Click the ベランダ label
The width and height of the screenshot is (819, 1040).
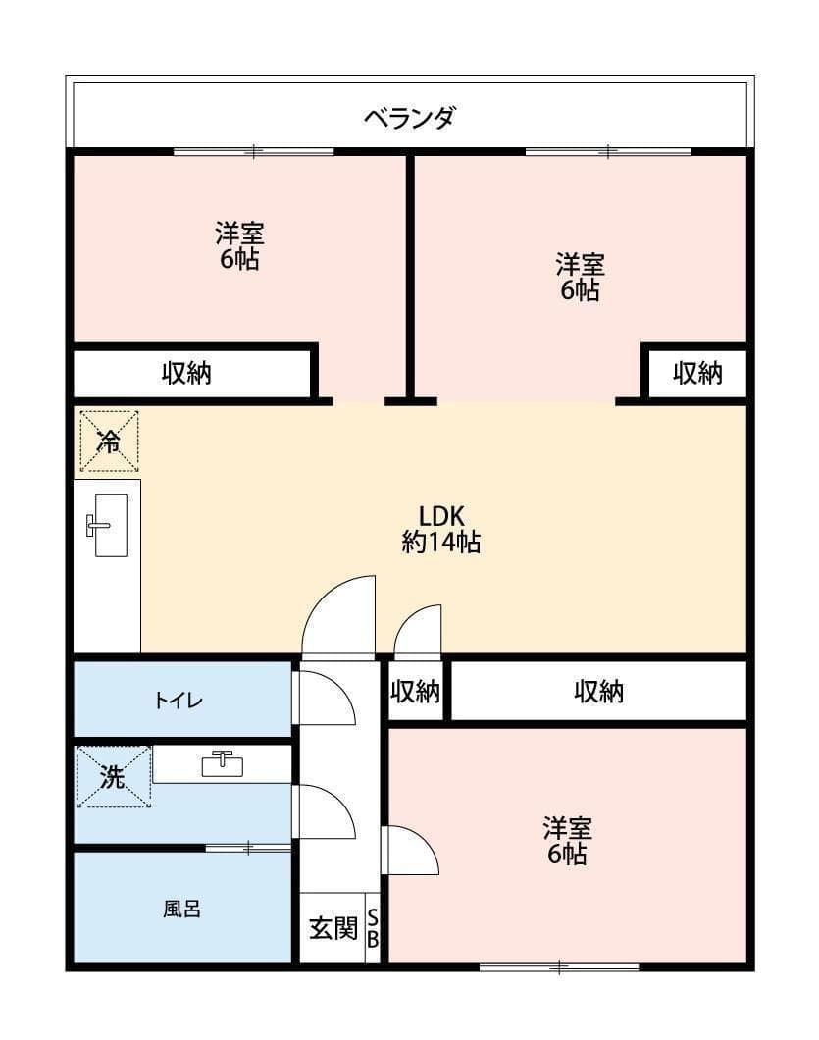(x=409, y=119)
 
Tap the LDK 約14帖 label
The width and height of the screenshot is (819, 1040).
(x=440, y=529)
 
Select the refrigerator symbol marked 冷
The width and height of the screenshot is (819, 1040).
(x=109, y=442)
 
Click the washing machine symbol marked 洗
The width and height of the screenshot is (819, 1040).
(x=114, y=777)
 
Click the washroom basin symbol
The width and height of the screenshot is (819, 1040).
(x=223, y=762)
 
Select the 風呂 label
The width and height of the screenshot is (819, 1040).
(x=181, y=909)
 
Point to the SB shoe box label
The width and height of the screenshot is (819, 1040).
(x=373, y=928)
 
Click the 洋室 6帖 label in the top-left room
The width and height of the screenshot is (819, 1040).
(x=239, y=246)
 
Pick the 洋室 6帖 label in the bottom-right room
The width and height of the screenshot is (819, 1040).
(x=568, y=841)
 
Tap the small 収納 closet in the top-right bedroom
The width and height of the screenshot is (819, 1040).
(x=697, y=373)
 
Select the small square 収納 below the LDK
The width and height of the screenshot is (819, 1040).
(x=416, y=692)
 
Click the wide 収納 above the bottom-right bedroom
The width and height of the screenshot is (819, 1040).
(x=598, y=692)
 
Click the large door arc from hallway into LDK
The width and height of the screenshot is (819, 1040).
(x=338, y=616)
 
